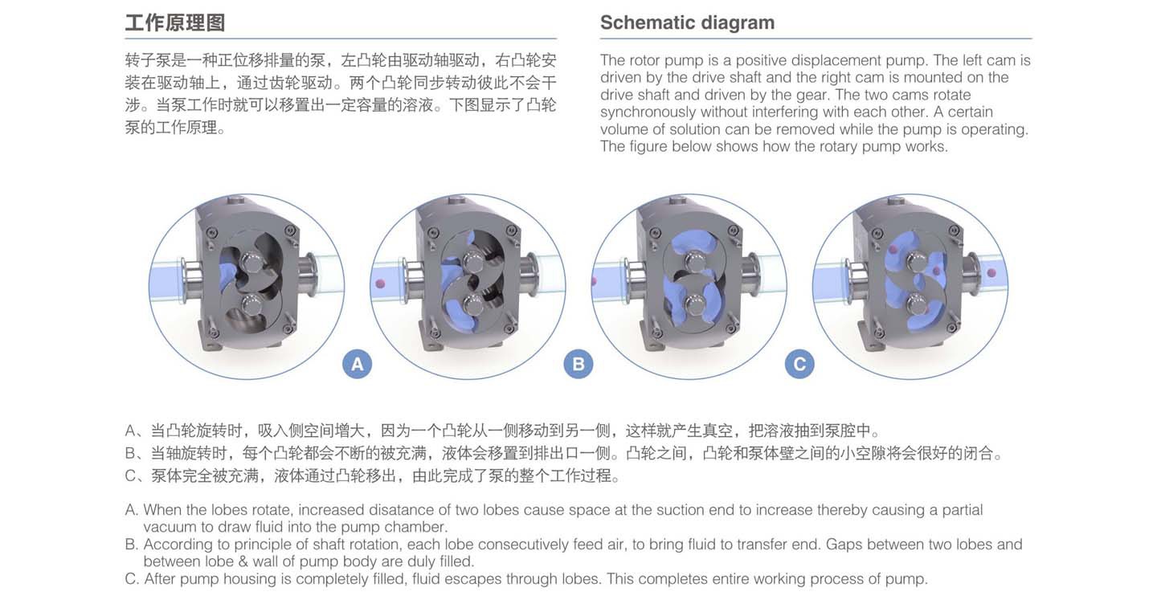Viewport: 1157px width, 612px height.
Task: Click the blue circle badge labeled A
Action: point(357,364)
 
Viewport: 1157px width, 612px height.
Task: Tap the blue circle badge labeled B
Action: point(578,364)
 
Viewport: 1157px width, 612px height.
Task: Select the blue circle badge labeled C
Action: point(799,364)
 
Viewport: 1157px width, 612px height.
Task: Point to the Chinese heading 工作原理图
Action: point(175,22)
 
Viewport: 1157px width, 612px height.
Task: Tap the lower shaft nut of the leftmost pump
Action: point(251,304)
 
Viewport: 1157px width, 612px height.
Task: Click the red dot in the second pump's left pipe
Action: point(381,283)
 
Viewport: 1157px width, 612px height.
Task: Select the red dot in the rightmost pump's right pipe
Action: point(991,273)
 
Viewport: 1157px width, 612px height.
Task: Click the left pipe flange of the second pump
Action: point(413,281)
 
